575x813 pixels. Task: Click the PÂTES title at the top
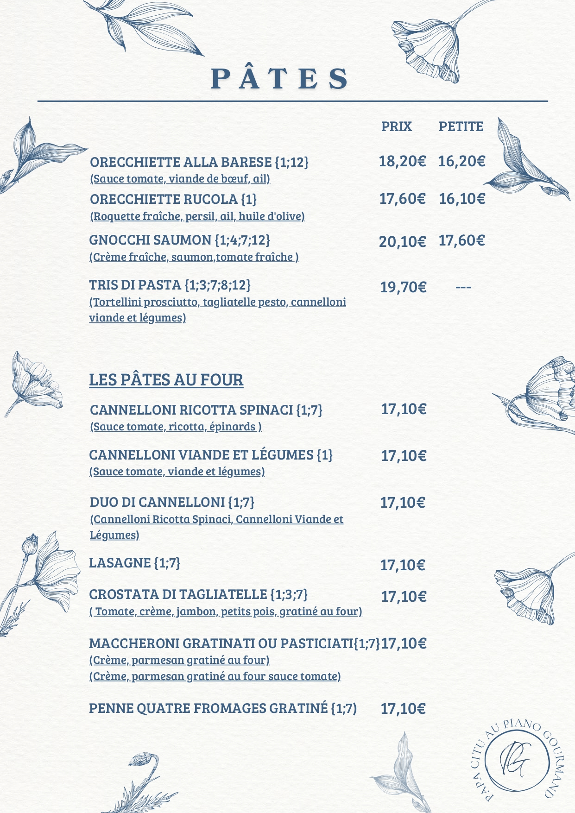coord(280,78)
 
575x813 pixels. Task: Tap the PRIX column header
coord(396,126)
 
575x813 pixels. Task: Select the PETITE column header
coord(461,126)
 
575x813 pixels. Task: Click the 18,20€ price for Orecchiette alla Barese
coord(402,161)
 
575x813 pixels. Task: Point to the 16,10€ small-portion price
coord(462,199)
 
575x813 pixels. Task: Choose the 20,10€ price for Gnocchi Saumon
coord(402,241)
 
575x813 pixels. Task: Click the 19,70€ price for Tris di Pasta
coord(403,287)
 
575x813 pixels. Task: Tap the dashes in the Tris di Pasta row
coord(463,287)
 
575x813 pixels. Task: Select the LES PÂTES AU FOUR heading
coord(166,380)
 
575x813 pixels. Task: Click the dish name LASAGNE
coord(120,563)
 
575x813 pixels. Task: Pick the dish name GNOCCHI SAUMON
coord(150,240)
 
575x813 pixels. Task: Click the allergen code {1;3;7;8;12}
coord(217,284)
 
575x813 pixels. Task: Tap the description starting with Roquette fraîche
coord(197,216)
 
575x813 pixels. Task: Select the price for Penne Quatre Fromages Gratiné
coord(403,708)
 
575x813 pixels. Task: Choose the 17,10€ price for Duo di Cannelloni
coord(402,503)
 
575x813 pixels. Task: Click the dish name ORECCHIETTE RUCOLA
coord(164,199)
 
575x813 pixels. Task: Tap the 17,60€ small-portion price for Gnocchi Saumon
coord(461,240)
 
